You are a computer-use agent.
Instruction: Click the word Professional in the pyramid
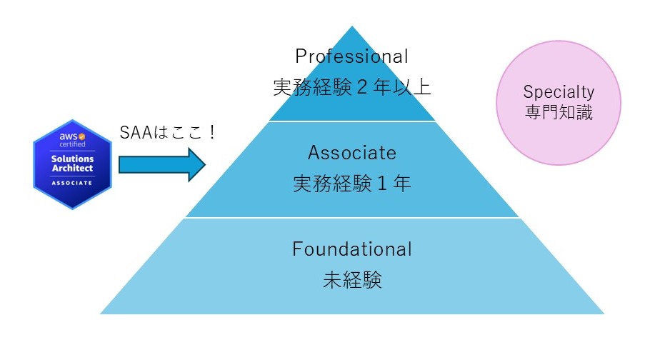tap(351, 56)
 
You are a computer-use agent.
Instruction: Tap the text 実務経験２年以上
tap(351, 87)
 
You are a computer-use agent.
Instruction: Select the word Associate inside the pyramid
tap(351, 152)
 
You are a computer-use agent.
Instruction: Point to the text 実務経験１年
tap(351, 184)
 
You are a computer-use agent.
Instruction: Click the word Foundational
tap(351, 249)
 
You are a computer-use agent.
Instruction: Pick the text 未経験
tap(351, 280)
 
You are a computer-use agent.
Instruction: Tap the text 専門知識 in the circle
tap(559, 112)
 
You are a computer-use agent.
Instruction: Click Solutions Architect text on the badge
tap(71, 162)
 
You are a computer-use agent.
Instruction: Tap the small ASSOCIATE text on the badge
tap(71, 183)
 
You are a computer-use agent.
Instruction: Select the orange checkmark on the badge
tap(81, 136)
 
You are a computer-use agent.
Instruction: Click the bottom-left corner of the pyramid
tap(101, 313)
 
